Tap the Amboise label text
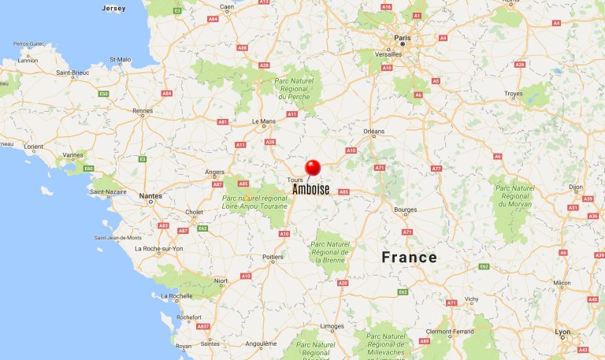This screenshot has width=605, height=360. click(311, 189)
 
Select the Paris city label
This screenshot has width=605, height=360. click(403, 36)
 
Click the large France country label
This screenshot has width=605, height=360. click(409, 258)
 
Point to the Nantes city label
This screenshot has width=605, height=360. click(150, 195)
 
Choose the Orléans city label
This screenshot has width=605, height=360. click(374, 132)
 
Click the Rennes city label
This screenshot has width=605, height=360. click(143, 111)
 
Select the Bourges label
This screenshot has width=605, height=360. click(405, 210)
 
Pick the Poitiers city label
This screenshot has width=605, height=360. click(273, 257)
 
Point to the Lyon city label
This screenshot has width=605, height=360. click(562, 332)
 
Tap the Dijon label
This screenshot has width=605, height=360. click(576, 187)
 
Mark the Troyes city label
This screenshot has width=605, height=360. click(513, 94)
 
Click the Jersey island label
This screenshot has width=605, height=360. click(113, 8)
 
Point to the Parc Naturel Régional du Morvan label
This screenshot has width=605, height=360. click(515, 196)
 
